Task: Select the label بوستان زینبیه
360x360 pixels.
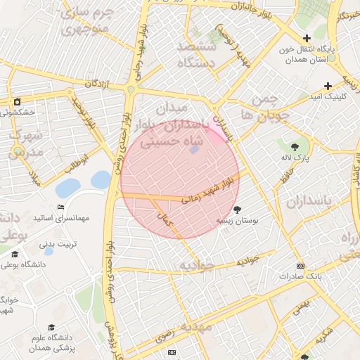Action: tap(237, 220)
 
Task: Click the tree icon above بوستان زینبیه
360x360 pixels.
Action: tap(238, 209)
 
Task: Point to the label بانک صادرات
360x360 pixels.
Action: tap(300, 276)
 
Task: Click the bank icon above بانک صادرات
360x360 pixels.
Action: tap(301, 266)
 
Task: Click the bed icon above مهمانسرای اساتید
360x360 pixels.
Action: tap(61, 207)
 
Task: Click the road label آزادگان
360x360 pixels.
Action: tap(98, 84)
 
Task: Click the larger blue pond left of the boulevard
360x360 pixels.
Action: tap(67, 188)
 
